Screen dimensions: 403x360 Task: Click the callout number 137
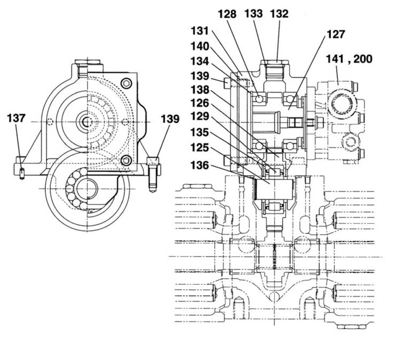(x=16, y=118)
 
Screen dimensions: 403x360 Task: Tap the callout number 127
(x=336, y=34)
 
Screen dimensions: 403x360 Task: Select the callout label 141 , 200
(x=349, y=59)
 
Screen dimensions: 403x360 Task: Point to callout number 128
(x=227, y=14)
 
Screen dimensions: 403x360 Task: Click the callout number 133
(x=253, y=14)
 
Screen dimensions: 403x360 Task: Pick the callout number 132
(x=279, y=14)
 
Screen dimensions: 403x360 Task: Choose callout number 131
(x=200, y=31)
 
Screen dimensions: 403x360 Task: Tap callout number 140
(x=200, y=46)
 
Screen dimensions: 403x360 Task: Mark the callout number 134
(x=200, y=61)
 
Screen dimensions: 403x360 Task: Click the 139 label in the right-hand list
(x=200, y=76)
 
